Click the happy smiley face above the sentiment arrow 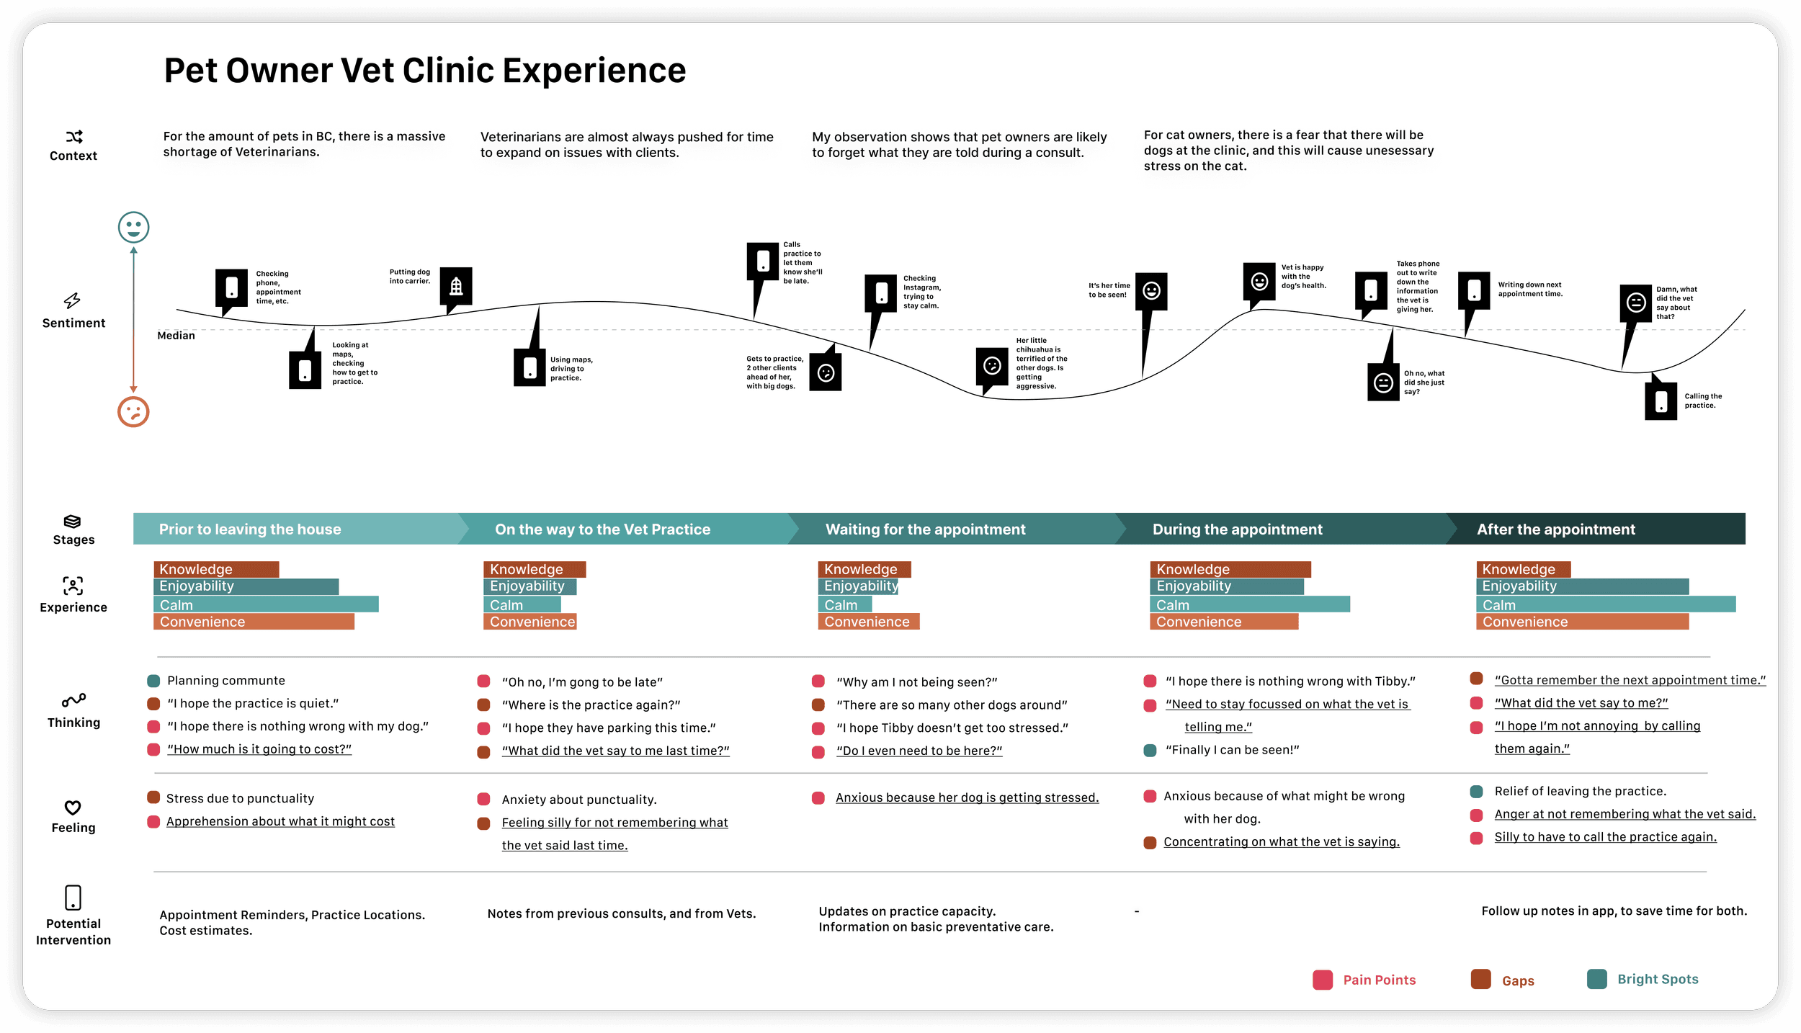[x=133, y=228]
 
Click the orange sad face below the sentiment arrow [x=133, y=412]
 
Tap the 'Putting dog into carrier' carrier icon [x=456, y=287]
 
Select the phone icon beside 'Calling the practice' [x=1661, y=401]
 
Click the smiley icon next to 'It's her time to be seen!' [x=1151, y=291]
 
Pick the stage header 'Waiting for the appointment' [x=925, y=529]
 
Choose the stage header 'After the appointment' [x=1556, y=529]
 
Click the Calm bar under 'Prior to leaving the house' [x=266, y=604]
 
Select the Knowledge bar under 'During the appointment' [x=1230, y=569]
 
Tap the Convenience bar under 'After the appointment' [x=1582, y=622]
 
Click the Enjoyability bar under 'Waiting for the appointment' [x=858, y=586]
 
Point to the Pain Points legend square [x=1323, y=980]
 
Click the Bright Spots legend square [x=1597, y=979]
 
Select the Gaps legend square [x=1481, y=980]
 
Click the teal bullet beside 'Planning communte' [x=153, y=681]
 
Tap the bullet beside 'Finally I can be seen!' [x=1150, y=750]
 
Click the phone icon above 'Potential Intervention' [x=73, y=898]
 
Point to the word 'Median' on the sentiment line [x=176, y=336]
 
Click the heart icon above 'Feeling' [x=73, y=808]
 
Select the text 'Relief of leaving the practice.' [x=1581, y=791]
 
